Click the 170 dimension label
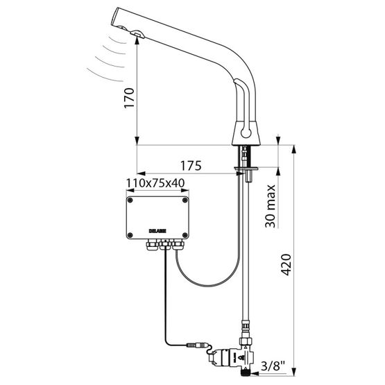(x=129, y=98)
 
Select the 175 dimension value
(x=191, y=166)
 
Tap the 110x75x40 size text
(x=155, y=183)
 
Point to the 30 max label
(x=271, y=206)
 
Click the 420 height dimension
(x=286, y=265)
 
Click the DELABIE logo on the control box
(x=157, y=231)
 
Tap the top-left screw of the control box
(x=130, y=200)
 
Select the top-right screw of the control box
(x=185, y=200)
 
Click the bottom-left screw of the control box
(x=130, y=235)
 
